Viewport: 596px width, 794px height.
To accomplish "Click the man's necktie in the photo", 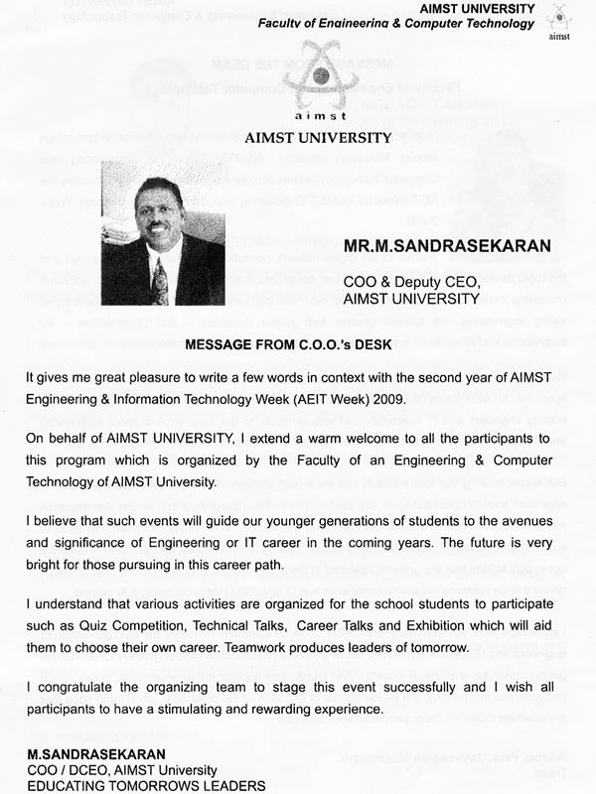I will (x=159, y=279).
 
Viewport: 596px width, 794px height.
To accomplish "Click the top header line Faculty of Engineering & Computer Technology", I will (x=395, y=23).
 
